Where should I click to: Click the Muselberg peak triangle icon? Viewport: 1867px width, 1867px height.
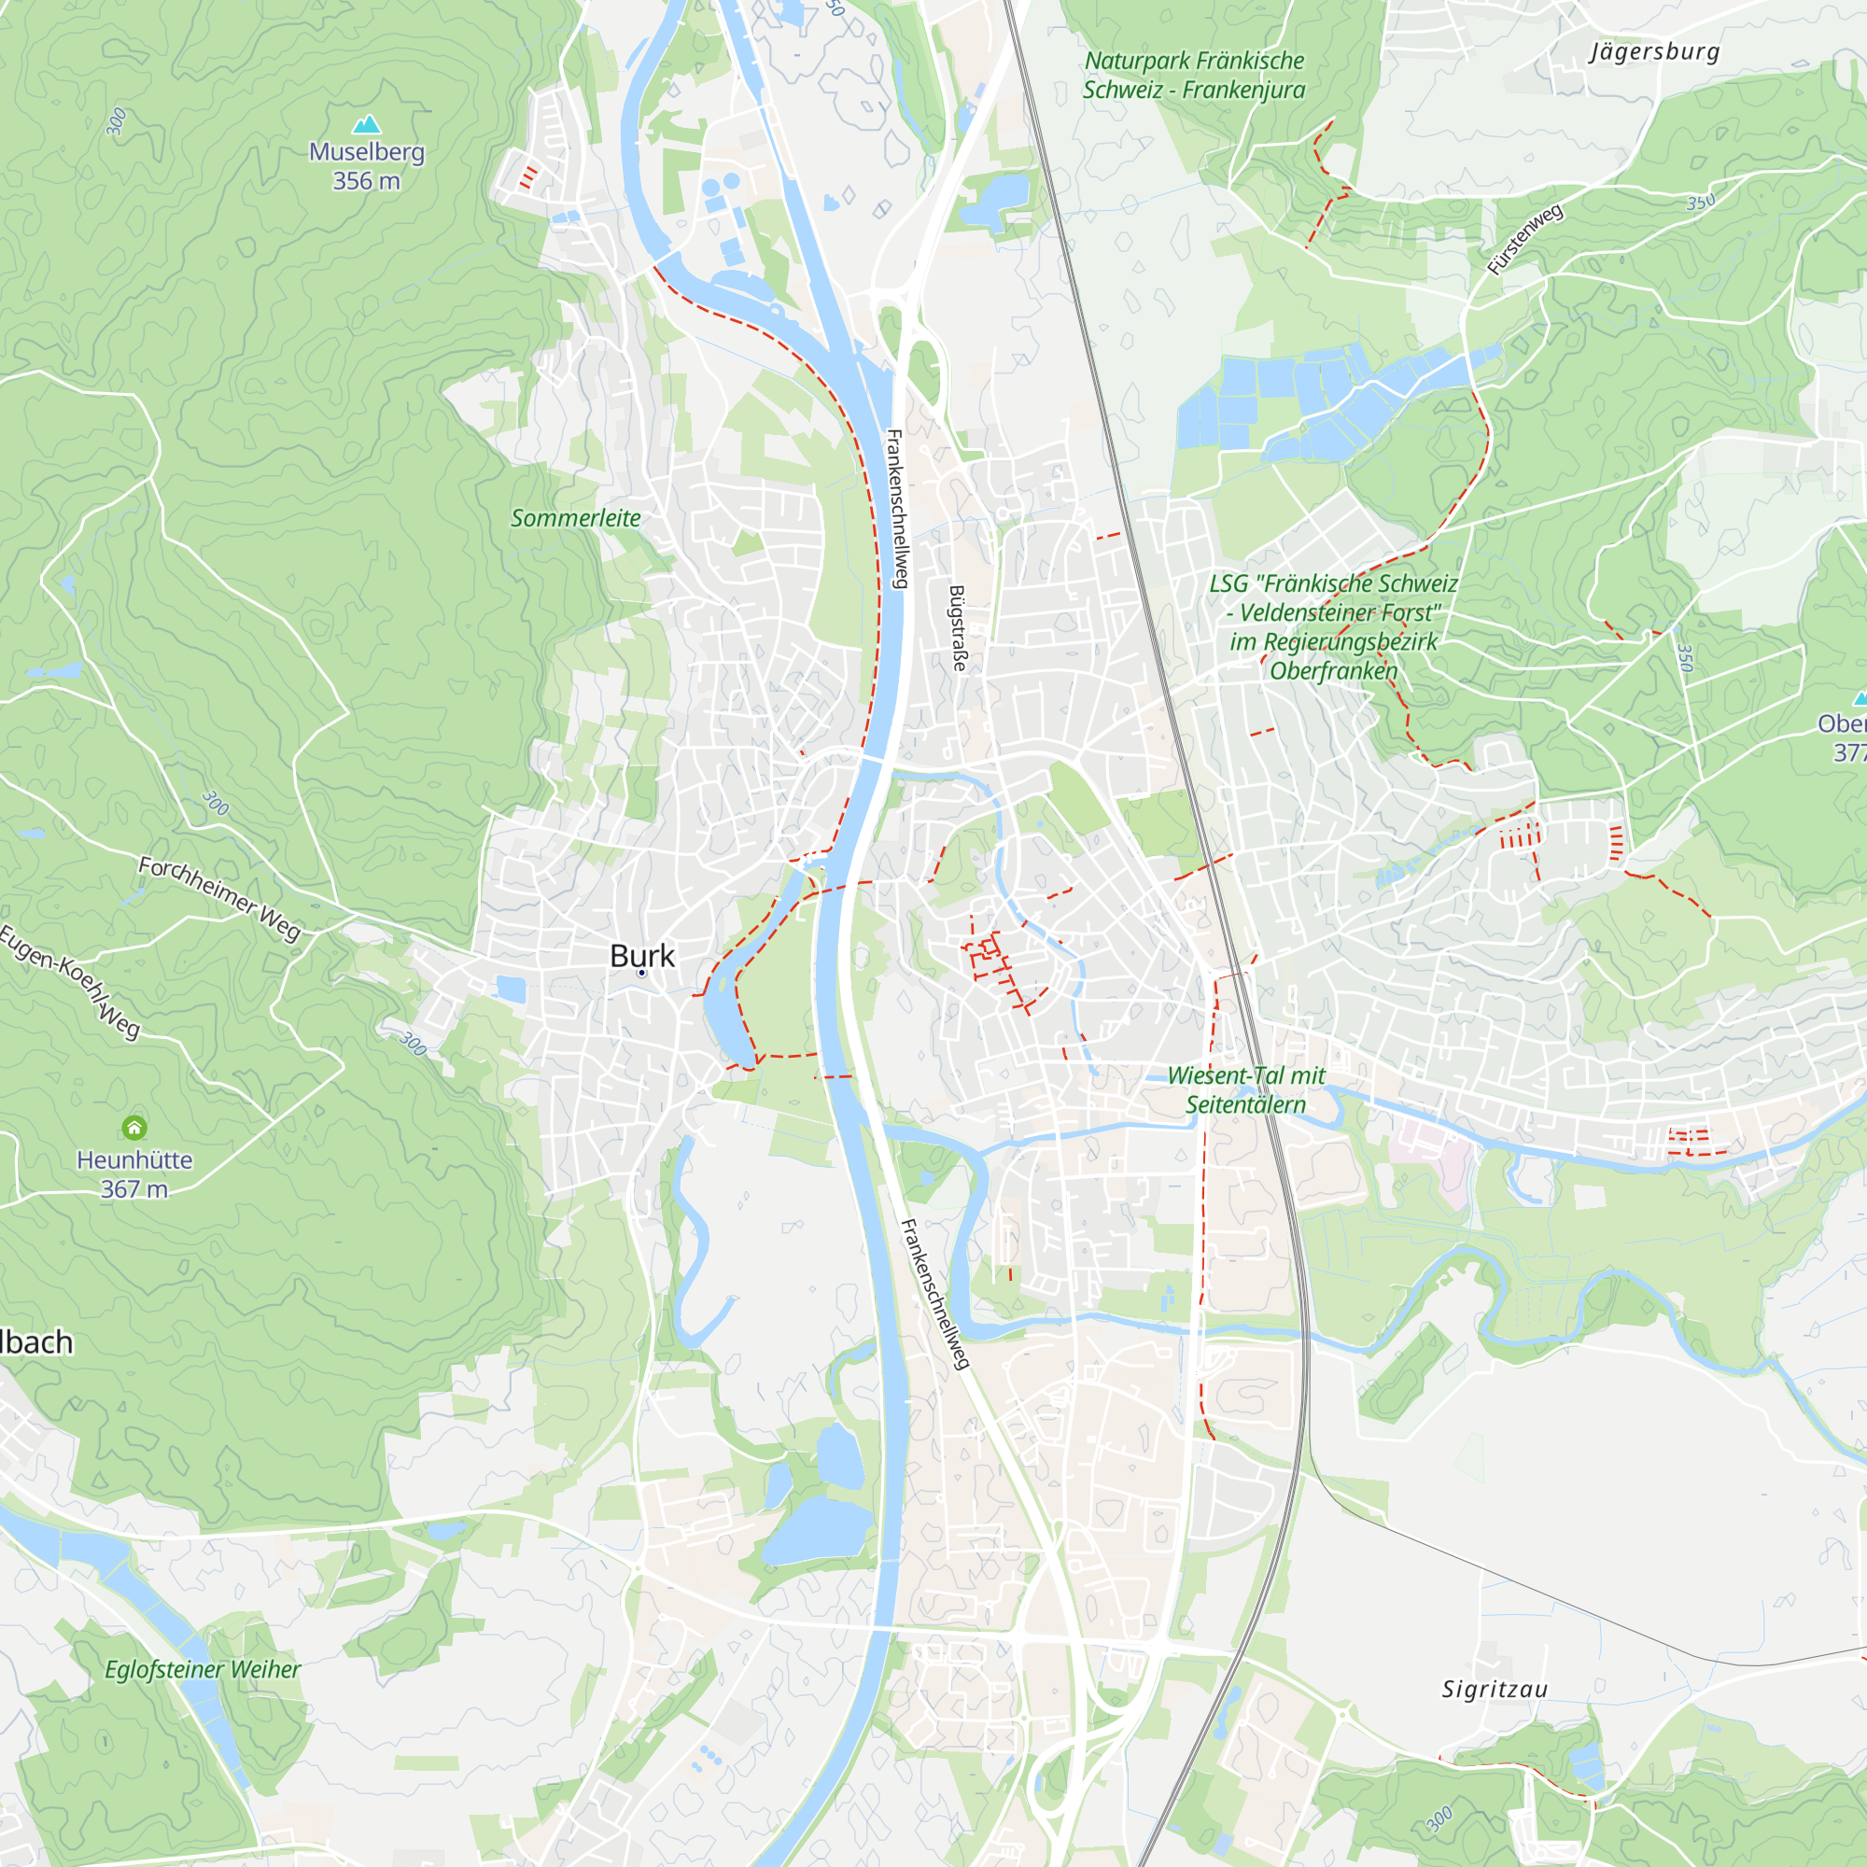[366, 124]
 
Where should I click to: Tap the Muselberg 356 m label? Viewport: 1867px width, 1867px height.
[366, 166]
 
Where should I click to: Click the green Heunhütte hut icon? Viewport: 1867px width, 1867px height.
[134, 1127]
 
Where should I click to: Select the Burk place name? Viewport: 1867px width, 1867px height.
[642, 956]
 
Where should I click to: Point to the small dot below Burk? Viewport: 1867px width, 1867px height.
[641, 973]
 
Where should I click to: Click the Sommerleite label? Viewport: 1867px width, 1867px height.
[575, 518]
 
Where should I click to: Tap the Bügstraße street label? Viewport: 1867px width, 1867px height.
[958, 627]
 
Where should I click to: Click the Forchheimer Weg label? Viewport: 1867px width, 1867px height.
[220, 898]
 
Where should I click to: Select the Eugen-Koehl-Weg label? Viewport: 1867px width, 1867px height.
[70, 981]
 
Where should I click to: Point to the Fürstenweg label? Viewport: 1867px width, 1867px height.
[1525, 239]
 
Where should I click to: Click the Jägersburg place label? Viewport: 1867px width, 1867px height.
[1655, 51]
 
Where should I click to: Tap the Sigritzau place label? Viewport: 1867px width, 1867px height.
[1495, 1690]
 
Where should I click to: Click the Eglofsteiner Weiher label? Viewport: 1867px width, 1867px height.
[203, 1669]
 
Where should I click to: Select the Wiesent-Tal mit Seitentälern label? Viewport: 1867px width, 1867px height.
[1245, 1089]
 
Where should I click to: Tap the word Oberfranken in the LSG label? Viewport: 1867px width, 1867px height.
[1334, 670]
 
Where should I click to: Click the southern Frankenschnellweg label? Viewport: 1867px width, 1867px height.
[934, 1294]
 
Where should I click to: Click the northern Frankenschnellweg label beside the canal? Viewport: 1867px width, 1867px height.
[897, 509]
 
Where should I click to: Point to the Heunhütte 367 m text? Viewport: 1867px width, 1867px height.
[134, 1174]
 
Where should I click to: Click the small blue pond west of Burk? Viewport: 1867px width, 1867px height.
[511, 989]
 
